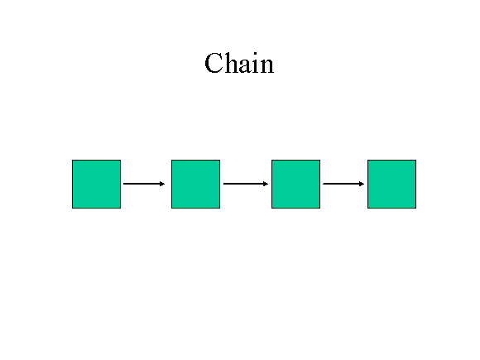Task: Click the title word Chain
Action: (x=239, y=63)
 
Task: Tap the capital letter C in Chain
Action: (x=213, y=63)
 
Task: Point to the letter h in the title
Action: (x=231, y=62)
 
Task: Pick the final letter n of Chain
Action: (x=266, y=66)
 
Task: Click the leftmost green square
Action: (x=97, y=184)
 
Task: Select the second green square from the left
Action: (x=195, y=184)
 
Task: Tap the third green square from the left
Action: (x=295, y=184)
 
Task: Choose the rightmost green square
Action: (x=391, y=184)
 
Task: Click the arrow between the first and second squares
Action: (x=144, y=184)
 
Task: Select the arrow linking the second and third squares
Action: (x=246, y=184)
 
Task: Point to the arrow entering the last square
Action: (x=343, y=184)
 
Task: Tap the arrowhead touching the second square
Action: (x=162, y=184)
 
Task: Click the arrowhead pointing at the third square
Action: (x=266, y=184)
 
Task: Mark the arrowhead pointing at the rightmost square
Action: (x=362, y=184)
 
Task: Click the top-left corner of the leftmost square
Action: (x=72, y=160)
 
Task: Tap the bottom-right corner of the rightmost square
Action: (x=416, y=209)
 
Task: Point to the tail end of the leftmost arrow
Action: (x=123, y=184)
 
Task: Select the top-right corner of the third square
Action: (x=320, y=160)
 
